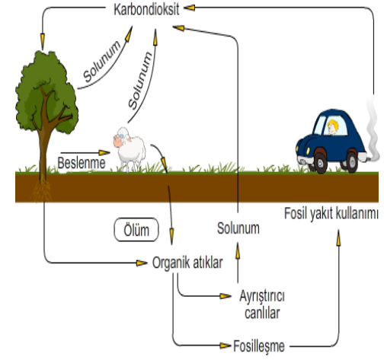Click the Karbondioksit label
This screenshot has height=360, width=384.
click(146, 10)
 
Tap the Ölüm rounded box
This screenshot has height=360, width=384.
click(136, 230)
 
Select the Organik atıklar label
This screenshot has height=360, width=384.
click(187, 263)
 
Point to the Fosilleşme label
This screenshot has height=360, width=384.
click(259, 346)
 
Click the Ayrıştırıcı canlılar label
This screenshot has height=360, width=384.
click(262, 304)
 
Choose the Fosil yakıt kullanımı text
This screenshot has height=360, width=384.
click(331, 214)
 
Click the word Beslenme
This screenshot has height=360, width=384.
click(82, 163)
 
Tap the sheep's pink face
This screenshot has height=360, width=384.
click(118, 141)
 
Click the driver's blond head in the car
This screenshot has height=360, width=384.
click(333, 127)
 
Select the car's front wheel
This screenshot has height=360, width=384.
click(320, 162)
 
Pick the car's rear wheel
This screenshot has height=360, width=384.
click(352, 161)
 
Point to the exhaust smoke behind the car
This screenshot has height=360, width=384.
click(373, 127)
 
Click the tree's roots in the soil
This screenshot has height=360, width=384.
click(42, 191)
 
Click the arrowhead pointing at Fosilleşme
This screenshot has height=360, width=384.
click(226, 346)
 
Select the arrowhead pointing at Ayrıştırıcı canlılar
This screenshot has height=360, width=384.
click(226, 296)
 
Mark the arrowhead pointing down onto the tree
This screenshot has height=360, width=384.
click(43, 41)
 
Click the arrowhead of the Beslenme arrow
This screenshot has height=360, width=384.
click(104, 153)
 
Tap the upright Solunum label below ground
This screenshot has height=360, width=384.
click(238, 228)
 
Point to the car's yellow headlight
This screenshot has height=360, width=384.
click(308, 151)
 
